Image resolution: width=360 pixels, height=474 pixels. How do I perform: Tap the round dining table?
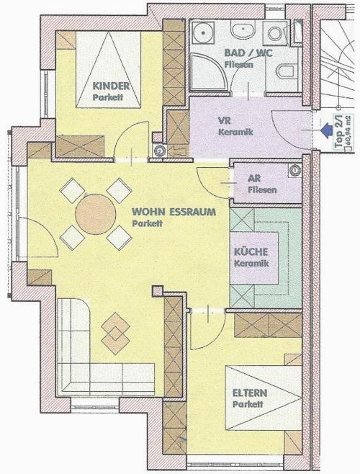pyautogui.click(x=96, y=214)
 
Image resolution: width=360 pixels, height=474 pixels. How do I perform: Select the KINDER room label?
pyautogui.click(x=111, y=86)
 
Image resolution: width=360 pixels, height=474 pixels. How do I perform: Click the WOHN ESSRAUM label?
pyautogui.click(x=174, y=212)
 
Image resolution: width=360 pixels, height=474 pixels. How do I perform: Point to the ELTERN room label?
pyautogui.click(x=250, y=393)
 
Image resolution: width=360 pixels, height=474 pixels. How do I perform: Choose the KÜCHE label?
pyautogui.click(x=251, y=252)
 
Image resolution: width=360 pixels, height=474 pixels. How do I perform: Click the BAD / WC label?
pyautogui.click(x=248, y=53)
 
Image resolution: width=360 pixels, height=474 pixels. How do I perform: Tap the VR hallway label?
pyautogui.click(x=225, y=120)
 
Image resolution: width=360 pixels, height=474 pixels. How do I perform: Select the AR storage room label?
pyautogui.click(x=254, y=179)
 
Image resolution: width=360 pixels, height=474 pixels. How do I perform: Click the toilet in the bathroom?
pyautogui.click(x=285, y=72)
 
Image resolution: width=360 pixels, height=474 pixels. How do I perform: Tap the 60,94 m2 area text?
pyautogui.click(x=348, y=133)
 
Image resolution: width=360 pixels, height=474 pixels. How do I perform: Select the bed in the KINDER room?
pyautogui.click(x=109, y=70)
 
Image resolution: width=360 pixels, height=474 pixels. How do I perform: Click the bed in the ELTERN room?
pyautogui.click(x=264, y=398)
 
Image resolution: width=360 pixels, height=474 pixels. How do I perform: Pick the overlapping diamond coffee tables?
pyautogui.click(x=115, y=333)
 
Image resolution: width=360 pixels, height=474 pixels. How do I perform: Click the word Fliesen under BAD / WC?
pyautogui.click(x=239, y=65)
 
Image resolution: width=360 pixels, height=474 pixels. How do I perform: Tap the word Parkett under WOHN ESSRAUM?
pyautogui.click(x=147, y=224)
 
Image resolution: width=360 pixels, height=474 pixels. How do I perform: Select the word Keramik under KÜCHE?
pyautogui.click(x=251, y=264)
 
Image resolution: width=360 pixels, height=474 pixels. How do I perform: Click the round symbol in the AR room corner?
pyautogui.click(x=294, y=171)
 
